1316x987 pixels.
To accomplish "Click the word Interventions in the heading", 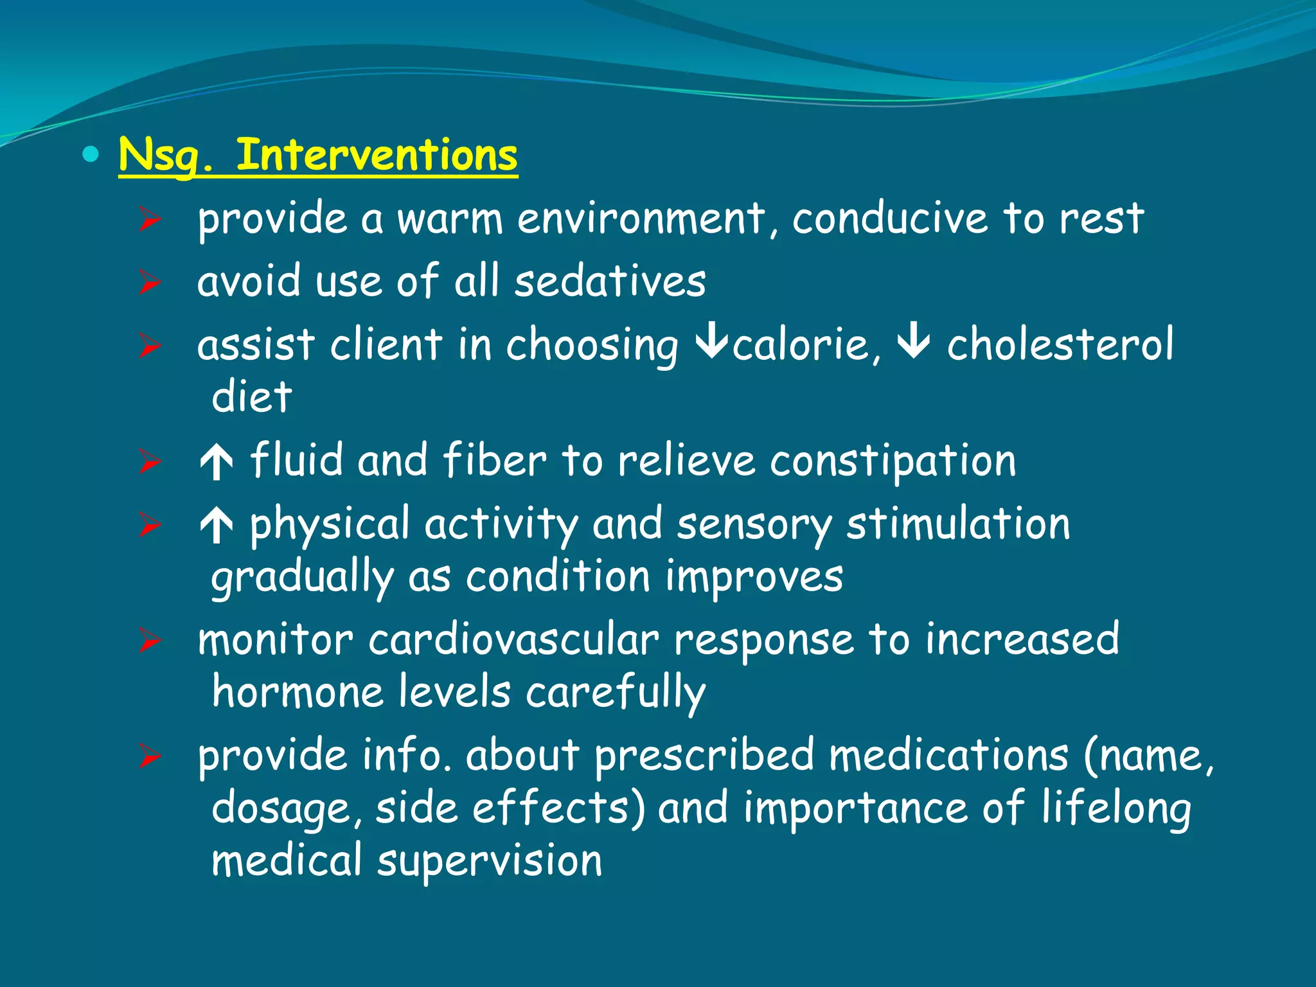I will pos(377,155).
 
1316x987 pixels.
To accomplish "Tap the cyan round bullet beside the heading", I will pos(91,154).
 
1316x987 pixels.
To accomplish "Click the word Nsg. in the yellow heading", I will pos(165,156).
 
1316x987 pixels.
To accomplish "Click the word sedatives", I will pos(610,281).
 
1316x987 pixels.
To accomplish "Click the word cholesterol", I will pos(1060,344).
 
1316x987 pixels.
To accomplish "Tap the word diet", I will pos(251,396).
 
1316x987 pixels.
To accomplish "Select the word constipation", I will pos(893,461).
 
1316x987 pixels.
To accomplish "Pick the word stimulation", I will pos(958,524).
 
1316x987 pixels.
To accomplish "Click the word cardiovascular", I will pos(513,640).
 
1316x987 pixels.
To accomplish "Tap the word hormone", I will pos(298,692).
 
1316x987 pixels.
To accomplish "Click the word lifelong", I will pos(1116,808).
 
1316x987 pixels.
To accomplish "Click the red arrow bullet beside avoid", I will pos(149,282).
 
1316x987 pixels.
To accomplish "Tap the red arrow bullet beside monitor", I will pos(149,641).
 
